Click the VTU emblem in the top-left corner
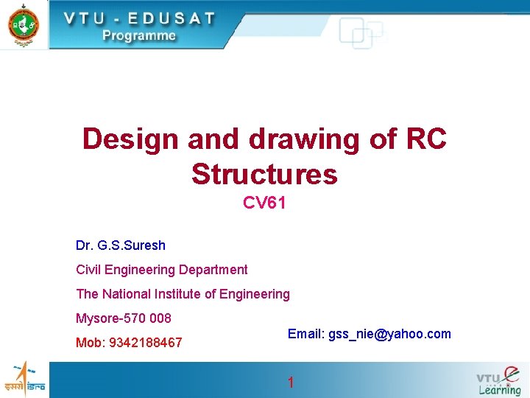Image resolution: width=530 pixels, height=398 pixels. (24, 24)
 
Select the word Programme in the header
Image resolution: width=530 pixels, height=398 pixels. (139, 35)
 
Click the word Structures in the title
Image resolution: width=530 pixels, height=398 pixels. (264, 175)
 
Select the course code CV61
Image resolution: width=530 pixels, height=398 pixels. (264, 203)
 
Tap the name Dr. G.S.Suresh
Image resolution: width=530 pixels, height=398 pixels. (121, 245)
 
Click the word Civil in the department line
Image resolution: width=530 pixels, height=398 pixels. (89, 270)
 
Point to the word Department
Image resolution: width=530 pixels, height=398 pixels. (213, 270)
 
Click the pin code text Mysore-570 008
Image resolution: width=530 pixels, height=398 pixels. (124, 318)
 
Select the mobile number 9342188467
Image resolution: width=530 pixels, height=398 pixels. (145, 343)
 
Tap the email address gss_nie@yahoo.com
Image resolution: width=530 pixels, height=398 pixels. (389, 334)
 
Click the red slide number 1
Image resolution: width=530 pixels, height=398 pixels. (291, 383)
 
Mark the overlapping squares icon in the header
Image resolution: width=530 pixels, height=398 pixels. (361, 33)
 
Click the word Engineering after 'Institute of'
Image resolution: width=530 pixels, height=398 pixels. (253, 294)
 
